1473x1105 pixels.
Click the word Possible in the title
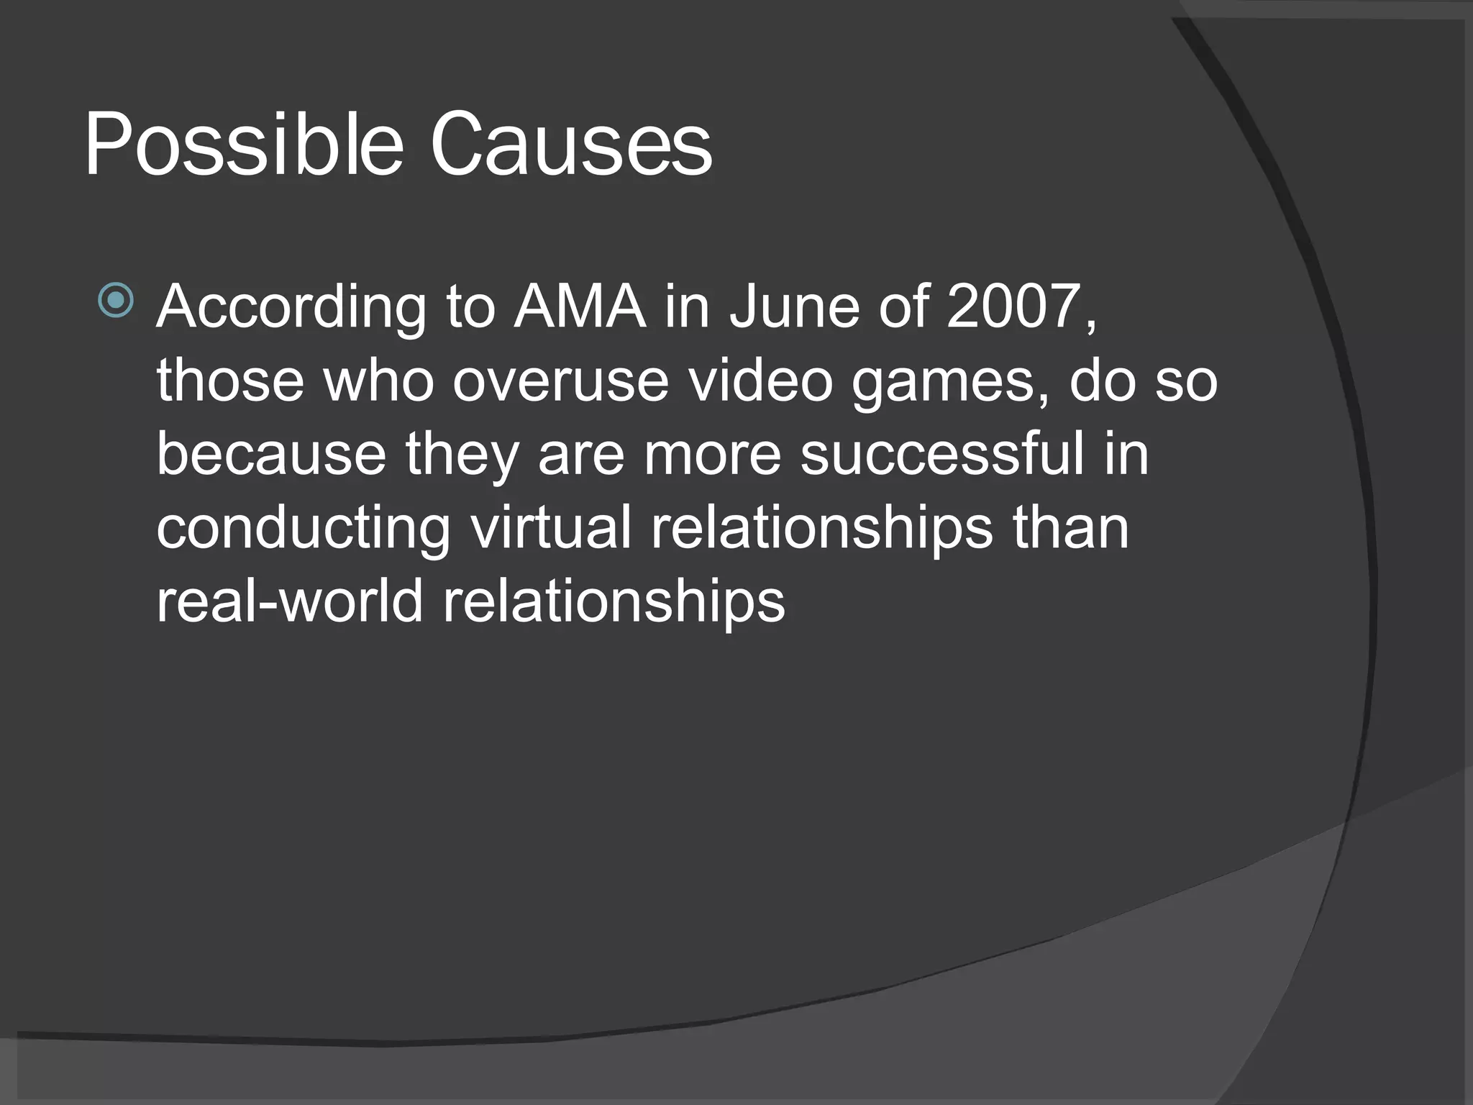coord(243,146)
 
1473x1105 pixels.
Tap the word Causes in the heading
coord(571,146)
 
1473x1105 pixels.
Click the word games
coord(951,383)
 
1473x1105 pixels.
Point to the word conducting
coord(303,529)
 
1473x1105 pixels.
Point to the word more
coord(712,455)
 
